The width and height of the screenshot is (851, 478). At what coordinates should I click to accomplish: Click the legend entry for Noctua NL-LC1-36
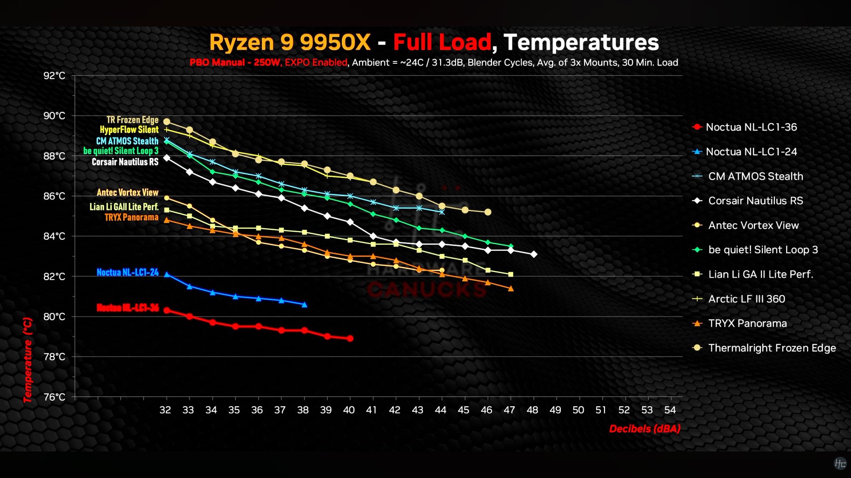coord(745,127)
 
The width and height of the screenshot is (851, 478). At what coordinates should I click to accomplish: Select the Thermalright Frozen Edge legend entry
coord(764,348)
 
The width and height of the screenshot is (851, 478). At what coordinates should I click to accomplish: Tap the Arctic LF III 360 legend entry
coord(739,299)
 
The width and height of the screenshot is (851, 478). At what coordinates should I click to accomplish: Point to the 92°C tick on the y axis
coord(54,76)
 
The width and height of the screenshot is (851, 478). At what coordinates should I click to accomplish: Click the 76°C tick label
coord(54,397)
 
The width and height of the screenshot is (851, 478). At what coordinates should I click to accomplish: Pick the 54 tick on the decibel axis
coord(670,410)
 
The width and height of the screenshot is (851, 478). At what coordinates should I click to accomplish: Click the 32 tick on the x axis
coord(165,410)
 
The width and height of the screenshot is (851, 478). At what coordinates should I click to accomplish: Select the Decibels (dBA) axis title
coord(645,428)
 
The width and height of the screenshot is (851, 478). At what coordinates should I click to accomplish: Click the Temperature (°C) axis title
coord(28,360)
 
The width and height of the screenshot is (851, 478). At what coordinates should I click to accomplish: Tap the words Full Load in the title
coord(442,42)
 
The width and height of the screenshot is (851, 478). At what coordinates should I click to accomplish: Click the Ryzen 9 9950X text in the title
coord(290,42)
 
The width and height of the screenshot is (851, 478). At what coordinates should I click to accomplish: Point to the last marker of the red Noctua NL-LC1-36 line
coord(350,338)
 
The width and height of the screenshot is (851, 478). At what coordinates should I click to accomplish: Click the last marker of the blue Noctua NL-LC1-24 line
coord(304,305)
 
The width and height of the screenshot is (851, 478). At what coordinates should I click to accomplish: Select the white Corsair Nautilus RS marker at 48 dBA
coord(534,254)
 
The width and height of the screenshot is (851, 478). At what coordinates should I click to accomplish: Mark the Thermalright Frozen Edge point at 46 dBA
coord(488,212)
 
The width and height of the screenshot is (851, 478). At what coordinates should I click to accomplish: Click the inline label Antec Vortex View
coord(128,193)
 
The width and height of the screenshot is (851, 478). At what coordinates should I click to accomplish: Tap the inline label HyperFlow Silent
coord(129,130)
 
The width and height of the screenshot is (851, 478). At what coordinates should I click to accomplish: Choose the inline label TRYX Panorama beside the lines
coord(131,217)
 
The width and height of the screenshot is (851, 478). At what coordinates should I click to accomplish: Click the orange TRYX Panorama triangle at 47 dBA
coord(511,289)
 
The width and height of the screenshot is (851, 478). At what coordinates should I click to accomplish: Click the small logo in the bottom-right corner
coord(839,463)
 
